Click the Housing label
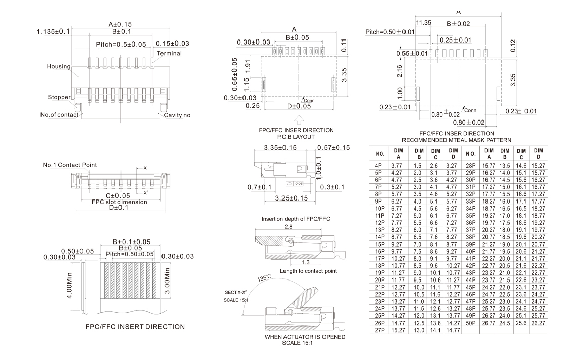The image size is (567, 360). pos(59,66)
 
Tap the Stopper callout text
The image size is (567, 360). pos(59,97)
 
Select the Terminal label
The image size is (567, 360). pos(169,53)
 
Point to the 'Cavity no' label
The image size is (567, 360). pos(177,115)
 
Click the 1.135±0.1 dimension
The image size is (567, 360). pos(54,32)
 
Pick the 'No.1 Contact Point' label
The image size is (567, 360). pos(70,165)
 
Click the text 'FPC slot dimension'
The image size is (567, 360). pos(119,202)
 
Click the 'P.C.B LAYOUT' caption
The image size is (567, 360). pos(296,137)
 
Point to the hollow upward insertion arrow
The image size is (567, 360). pos(299,120)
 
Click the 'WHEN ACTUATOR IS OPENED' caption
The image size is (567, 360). pos(305,337)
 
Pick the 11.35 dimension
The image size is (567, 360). pos(423,23)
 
